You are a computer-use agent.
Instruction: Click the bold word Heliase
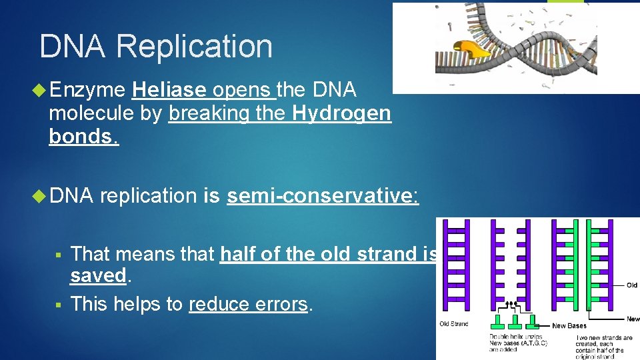(x=170, y=90)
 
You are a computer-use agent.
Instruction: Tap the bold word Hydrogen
(x=341, y=113)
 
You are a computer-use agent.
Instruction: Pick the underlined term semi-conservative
(x=322, y=196)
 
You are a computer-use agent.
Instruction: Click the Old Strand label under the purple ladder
(x=454, y=324)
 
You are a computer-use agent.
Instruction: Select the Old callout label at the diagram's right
(x=632, y=285)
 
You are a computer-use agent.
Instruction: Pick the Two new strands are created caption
(x=605, y=338)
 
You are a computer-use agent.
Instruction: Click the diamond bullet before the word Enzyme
(x=39, y=90)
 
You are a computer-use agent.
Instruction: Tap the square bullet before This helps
(x=59, y=304)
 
